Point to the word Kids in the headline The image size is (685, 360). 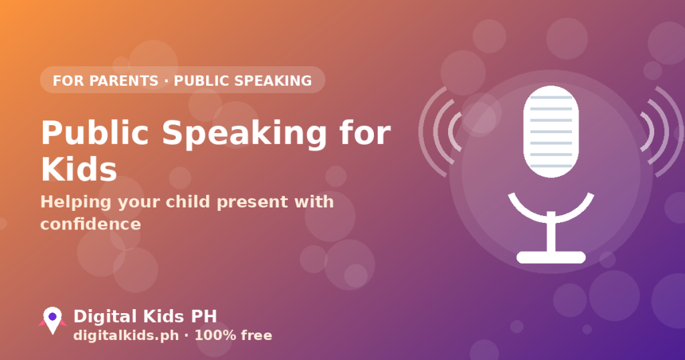click(x=79, y=169)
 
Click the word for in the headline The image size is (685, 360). click(x=365, y=132)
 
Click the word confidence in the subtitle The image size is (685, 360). click(x=90, y=224)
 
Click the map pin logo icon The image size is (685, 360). click(x=52, y=321)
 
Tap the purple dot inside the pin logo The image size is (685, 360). click(x=52, y=317)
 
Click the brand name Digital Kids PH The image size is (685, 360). click(x=145, y=317)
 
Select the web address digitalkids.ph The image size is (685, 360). click(x=126, y=335)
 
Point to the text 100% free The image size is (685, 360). click(x=233, y=335)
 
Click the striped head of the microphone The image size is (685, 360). click(x=551, y=132)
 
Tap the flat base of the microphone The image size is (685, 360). click(x=551, y=258)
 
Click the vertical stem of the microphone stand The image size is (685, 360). click(x=551, y=232)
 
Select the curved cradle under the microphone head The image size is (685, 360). click(x=551, y=217)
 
